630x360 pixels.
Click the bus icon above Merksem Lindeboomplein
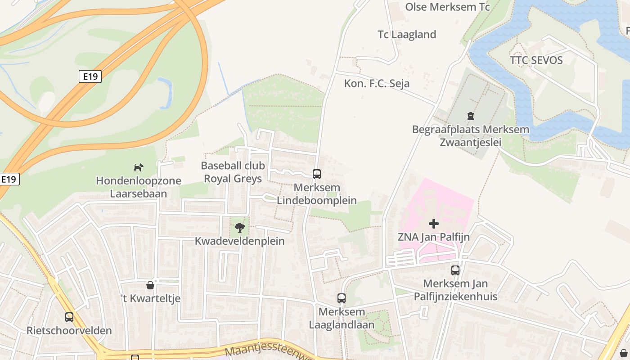[317, 174]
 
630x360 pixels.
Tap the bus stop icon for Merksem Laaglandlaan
[342, 298]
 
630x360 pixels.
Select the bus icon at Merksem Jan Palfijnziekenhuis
[455, 270]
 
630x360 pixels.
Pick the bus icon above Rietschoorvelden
[69, 317]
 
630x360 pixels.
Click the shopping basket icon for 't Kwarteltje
[150, 285]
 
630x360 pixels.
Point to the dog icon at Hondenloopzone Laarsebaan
[138, 168]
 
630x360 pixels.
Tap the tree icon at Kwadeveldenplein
[240, 228]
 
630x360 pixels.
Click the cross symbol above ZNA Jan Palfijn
[434, 224]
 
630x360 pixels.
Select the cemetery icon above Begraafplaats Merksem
[471, 117]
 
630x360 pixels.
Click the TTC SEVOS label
[536, 60]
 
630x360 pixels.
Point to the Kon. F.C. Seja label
[377, 83]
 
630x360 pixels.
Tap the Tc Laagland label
[407, 35]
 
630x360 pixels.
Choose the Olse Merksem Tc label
[447, 7]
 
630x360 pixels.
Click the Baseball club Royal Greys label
[233, 172]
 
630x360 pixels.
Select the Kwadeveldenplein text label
[239, 241]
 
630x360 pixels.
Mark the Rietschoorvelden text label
[69, 331]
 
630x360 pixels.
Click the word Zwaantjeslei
[470, 143]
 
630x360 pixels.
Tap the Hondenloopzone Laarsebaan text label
[138, 187]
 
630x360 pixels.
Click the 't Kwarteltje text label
[151, 298]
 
